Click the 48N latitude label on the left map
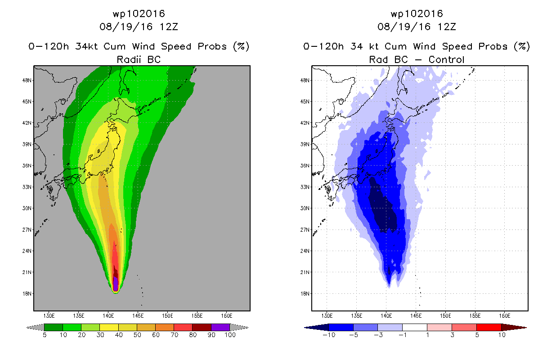pos(27,80)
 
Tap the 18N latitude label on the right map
pos(305,293)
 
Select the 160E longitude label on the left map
pos(227,316)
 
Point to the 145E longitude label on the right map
pos(416,316)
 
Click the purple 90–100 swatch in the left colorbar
pos(220,327)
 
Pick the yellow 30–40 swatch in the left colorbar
pos(109,327)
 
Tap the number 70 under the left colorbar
pos(174,335)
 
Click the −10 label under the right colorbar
pos(329,335)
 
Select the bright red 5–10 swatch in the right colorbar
pos(489,327)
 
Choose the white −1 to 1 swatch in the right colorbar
pos(415,327)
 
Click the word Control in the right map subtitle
pos(446,59)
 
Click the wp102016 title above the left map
pos(139,13)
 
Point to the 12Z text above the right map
pos(447,27)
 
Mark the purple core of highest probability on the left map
pos(116,283)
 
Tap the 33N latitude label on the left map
pos(27,187)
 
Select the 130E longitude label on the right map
pos(327,316)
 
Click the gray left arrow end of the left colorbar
pos(35,328)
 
